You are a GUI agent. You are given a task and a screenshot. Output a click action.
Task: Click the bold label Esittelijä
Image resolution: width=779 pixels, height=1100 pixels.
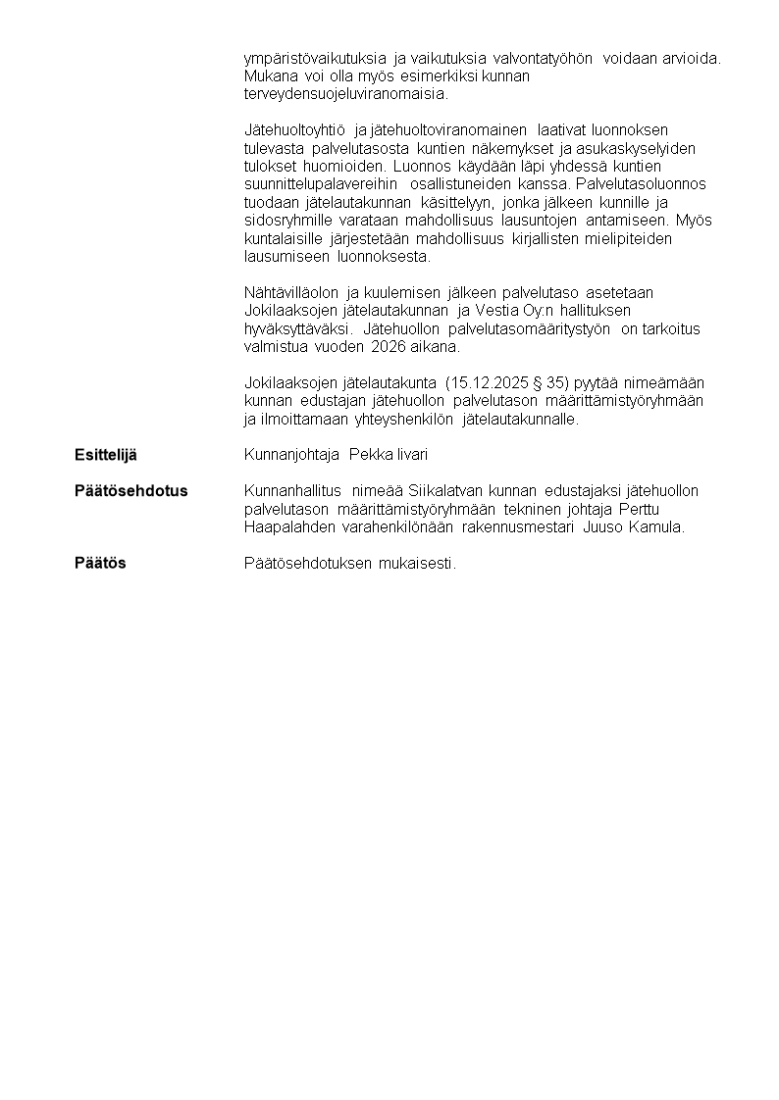106,455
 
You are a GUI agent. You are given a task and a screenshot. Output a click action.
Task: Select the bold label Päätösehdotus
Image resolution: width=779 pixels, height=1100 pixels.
131,490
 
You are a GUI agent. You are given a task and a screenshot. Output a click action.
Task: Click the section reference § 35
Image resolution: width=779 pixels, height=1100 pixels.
547,382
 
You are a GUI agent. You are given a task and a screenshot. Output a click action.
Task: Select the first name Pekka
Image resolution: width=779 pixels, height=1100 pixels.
372,455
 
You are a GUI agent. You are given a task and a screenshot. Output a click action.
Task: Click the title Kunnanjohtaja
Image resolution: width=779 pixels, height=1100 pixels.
292,455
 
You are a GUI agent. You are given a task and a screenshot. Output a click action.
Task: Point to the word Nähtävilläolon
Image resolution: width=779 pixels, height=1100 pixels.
289,293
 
